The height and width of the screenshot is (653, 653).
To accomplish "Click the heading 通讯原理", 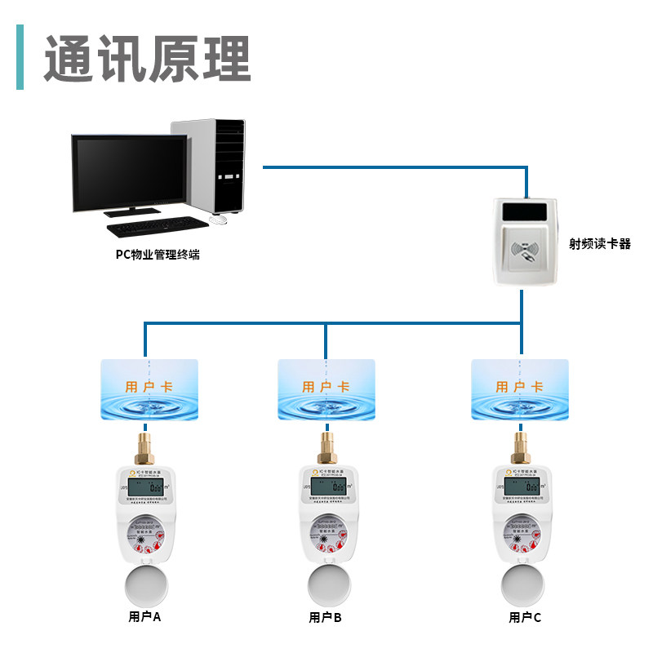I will pos(147,59).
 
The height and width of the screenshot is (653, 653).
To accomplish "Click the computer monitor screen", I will pos(128,172).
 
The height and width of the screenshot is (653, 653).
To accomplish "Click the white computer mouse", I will pos(218,219).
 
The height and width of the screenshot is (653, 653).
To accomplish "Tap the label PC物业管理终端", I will pos(157,255).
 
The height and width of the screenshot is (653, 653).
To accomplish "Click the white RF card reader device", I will pos(529,241).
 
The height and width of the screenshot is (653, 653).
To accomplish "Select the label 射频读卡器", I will pos(600,243).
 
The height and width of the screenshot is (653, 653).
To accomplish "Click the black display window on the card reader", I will pos(529,212).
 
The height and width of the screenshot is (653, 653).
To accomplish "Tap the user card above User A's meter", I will pos(149,389).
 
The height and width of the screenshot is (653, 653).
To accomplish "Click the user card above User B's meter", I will pos(326,389).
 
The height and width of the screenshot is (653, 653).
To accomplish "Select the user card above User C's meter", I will pos(520,389).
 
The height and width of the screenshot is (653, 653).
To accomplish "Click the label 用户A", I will pos(145,617).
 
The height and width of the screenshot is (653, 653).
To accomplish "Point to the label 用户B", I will pos(325,617).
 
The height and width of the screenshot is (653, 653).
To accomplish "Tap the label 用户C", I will pos(525,617).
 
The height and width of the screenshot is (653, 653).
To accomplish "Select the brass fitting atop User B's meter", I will pos(325,447).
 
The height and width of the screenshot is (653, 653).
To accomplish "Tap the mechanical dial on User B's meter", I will pos(325,535).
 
